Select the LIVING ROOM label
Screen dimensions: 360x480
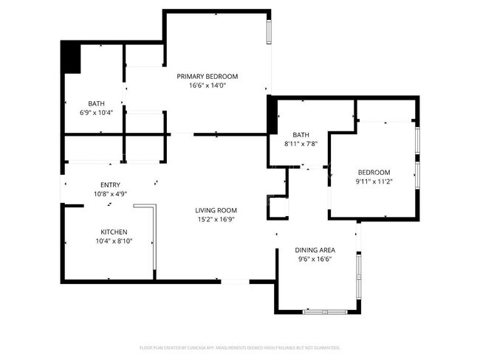[216, 210]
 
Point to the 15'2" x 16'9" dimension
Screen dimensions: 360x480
[216, 219]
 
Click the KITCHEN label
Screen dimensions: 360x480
[114, 232]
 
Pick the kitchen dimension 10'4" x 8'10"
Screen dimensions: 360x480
[114, 240]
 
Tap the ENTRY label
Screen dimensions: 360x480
[110, 185]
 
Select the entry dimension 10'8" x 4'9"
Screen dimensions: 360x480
[110, 194]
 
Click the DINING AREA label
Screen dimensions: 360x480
[315, 250]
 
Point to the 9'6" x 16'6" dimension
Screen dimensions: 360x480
[315, 259]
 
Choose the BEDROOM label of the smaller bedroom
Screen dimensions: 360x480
[373, 172]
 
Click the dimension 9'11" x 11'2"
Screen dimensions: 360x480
[373, 181]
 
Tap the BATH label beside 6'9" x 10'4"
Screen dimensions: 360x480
[96, 104]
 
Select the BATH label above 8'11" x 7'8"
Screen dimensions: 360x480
[301, 134]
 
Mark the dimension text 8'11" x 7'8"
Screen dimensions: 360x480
[301, 143]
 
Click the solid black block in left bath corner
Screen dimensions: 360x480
[71, 58]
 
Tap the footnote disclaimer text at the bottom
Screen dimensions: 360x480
[239, 347]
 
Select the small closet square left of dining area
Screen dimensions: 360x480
[278, 207]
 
